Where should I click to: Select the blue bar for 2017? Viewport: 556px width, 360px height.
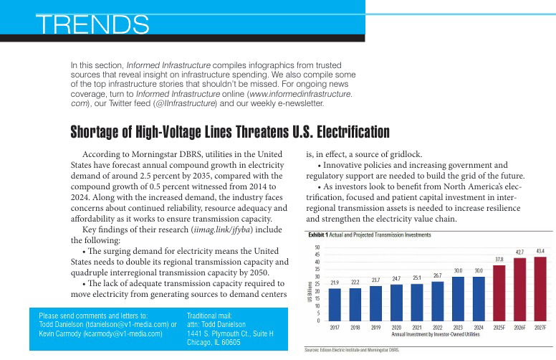(335, 304)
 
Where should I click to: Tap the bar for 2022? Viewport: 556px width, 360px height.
(438, 300)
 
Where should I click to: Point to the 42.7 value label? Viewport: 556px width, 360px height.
(519, 252)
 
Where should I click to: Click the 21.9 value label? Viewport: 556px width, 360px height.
(335, 283)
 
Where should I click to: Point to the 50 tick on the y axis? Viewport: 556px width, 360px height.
(318, 247)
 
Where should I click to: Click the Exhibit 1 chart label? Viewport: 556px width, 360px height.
(317, 235)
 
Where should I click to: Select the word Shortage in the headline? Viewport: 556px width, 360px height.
(97, 133)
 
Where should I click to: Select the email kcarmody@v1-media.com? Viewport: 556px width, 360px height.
(123, 334)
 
